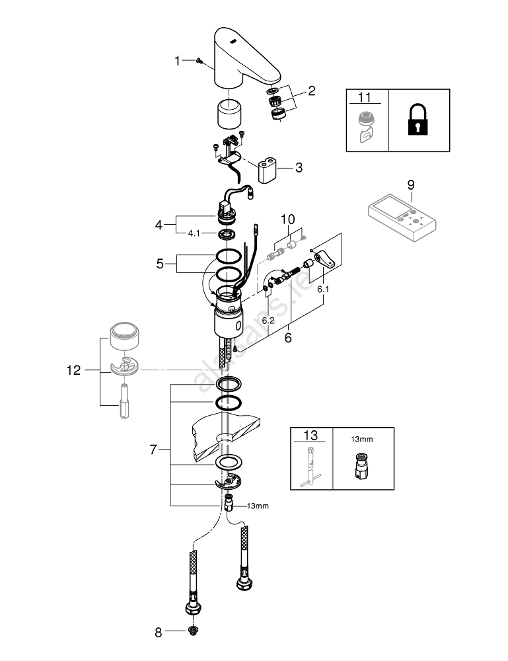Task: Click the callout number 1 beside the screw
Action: (x=177, y=61)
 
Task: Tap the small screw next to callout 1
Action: (x=198, y=61)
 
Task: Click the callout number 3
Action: (x=299, y=168)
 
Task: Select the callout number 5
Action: (x=159, y=263)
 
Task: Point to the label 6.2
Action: (x=268, y=320)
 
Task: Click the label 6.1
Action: (x=323, y=290)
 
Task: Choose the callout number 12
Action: (x=73, y=371)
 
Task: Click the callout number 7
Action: (x=153, y=449)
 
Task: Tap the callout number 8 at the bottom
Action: (x=158, y=633)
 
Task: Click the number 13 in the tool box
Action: (x=310, y=436)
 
